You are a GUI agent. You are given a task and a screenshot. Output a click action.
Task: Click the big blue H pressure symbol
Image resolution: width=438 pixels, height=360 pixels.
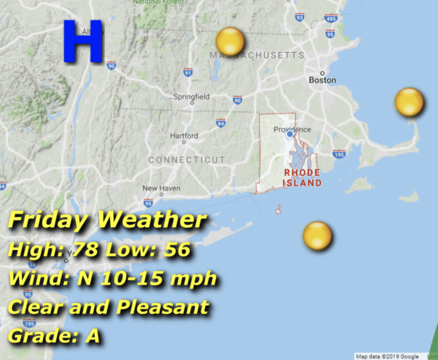coord(84,41)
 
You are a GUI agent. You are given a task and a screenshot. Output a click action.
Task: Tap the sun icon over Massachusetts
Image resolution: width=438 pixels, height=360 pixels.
coord(230,41)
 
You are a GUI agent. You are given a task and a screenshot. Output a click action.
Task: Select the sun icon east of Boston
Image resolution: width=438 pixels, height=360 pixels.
coord(409,102)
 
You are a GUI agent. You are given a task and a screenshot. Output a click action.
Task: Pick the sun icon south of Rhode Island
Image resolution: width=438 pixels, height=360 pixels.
coord(317,236)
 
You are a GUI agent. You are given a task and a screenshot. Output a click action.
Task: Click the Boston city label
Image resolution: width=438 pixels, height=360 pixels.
coord(323,80)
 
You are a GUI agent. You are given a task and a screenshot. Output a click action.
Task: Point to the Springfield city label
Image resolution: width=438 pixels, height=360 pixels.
coord(191,97)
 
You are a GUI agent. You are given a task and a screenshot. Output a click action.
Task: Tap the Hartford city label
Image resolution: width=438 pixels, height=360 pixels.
coord(184,136)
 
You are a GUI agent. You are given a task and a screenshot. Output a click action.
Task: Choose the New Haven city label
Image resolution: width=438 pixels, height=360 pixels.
coord(161,188)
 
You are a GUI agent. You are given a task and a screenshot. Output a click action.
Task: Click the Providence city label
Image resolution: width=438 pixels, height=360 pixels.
coord(292,130)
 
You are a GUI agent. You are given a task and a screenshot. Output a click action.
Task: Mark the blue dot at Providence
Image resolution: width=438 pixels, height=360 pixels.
coord(290,134)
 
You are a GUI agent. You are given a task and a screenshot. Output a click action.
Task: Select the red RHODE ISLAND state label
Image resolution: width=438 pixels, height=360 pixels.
coord(302,178)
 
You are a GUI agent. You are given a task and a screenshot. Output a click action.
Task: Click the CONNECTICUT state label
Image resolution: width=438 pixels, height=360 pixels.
coord(186,160)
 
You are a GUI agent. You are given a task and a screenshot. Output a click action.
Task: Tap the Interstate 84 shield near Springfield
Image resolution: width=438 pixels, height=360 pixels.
coord(221,124)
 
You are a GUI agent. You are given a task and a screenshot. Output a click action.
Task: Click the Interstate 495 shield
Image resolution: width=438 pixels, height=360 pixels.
coord(331,18)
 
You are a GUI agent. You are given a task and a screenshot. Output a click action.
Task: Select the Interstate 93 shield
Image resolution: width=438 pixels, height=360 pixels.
coord(299,17)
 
